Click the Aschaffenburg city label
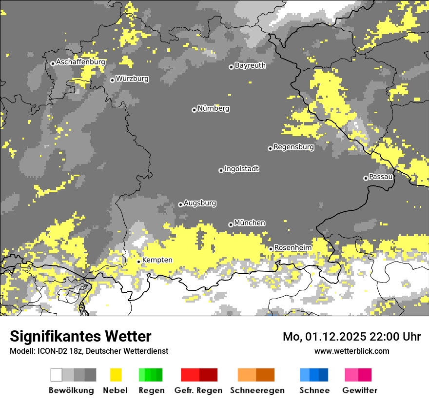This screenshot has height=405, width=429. pyautogui.click(x=80, y=62)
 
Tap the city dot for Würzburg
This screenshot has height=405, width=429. pyautogui.click(x=112, y=80)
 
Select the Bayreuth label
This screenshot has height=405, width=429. pyautogui.click(x=250, y=65)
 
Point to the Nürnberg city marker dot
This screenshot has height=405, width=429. pyautogui.click(x=194, y=110)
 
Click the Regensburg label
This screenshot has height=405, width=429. pyautogui.click(x=293, y=147)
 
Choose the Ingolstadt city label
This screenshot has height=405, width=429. pyautogui.click(x=241, y=169)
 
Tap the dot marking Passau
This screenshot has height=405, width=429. pyautogui.click(x=366, y=178)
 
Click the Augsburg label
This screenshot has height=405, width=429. pyautogui.click(x=200, y=203)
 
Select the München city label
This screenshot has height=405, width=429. pyautogui.click(x=250, y=223)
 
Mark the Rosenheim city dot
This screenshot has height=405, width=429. pyautogui.click(x=271, y=249)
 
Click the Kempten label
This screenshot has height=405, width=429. pyautogui.click(x=157, y=260)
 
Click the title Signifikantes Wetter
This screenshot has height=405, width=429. pyautogui.click(x=80, y=336)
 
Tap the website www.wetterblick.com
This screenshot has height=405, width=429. pyautogui.click(x=351, y=351)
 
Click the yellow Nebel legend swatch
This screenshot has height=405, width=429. pyautogui.click(x=116, y=375)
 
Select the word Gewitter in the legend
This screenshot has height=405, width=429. pyautogui.click(x=360, y=390)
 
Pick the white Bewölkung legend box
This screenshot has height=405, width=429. pyautogui.click(x=57, y=375)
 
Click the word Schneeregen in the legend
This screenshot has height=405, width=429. pyautogui.click(x=257, y=390)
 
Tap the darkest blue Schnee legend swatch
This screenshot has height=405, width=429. pyautogui.click(x=324, y=375)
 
